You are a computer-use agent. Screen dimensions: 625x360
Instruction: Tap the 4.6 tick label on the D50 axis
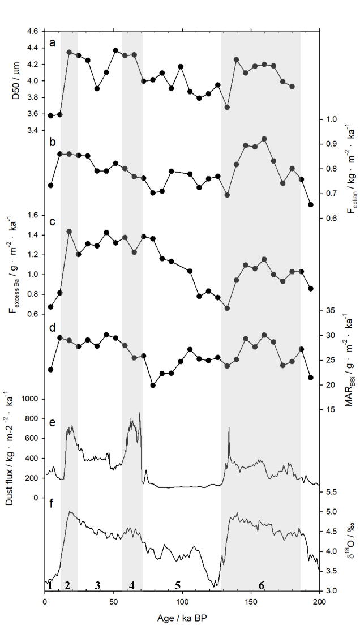pyautogui.click(x=33, y=31)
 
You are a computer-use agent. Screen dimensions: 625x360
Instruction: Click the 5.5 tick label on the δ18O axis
pyautogui.click(x=334, y=492)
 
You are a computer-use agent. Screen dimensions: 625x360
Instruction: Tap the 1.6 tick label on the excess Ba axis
pyautogui.click(x=33, y=215)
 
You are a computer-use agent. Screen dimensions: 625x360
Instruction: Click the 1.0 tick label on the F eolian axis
pyautogui.click(x=334, y=119)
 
